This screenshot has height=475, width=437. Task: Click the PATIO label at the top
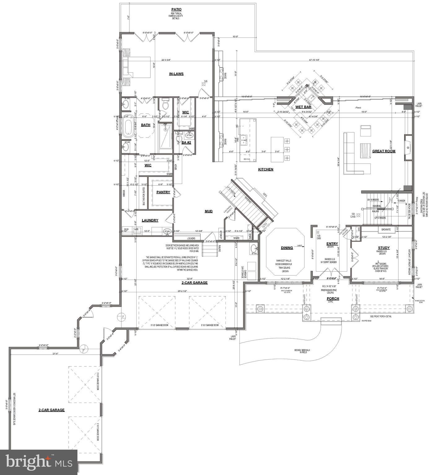pyautogui.click(x=176, y=10)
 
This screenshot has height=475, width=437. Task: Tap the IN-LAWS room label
pyautogui.click(x=176, y=74)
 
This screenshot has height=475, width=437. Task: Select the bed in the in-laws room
pyautogui.click(x=137, y=67)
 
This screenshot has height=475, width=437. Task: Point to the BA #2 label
pyautogui.click(x=186, y=143)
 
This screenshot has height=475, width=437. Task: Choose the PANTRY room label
pyautogui.click(x=163, y=192)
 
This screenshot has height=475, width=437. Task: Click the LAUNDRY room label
pyautogui.click(x=150, y=220)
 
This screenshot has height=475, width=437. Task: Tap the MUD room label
pyautogui.click(x=208, y=211)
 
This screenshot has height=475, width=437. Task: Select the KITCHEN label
pyautogui.click(x=266, y=169)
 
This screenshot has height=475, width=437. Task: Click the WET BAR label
pyautogui.click(x=303, y=107)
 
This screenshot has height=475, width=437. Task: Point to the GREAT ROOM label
pyautogui.click(x=383, y=151)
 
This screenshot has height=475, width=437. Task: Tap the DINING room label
pyautogui.click(x=287, y=248)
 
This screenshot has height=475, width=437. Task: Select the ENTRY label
pyautogui.click(x=332, y=244)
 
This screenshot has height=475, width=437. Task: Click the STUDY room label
pyautogui.click(x=383, y=248)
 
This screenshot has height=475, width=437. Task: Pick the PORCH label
pyautogui.click(x=333, y=298)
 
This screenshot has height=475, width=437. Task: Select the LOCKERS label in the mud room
pyautogui.click(x=191, y=238)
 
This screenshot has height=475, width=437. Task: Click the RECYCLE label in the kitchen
pyautogui.click(x=247, y=159)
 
